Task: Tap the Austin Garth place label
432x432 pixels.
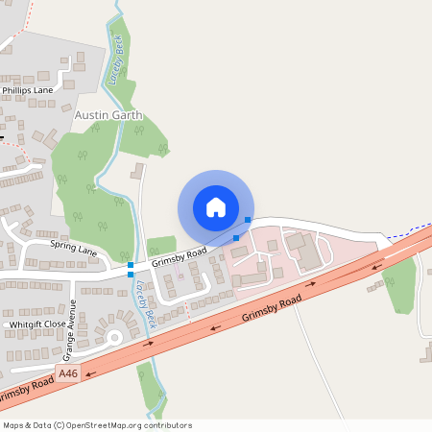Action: tap(108, 114)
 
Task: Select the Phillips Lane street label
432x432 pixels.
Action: tap(28, 89)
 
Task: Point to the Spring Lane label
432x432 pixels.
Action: tap(74, 250)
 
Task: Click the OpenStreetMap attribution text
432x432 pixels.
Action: tap(96, 425)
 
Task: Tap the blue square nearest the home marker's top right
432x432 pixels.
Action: tap(249, 220)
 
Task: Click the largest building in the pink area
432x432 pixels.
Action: tap(305, 252)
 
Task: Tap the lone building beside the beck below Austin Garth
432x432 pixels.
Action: tap(136, 172)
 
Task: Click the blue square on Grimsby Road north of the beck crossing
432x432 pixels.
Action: tap(131, 264)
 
